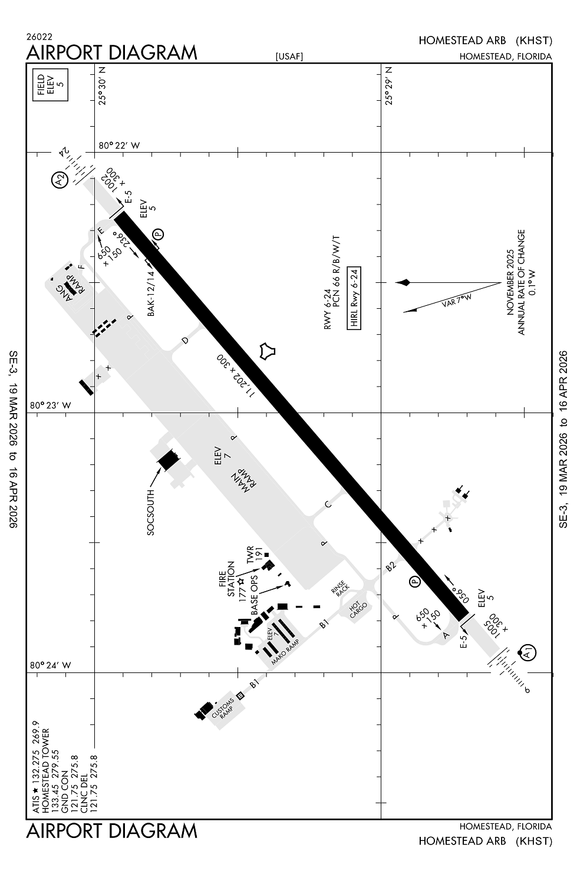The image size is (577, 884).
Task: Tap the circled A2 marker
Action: click(60, 179)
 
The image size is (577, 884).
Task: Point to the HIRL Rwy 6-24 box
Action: click(354, 296)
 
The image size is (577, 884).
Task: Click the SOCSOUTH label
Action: click(151, 512)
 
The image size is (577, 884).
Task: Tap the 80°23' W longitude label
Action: click(51, 405)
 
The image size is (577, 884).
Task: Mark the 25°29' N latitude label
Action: click(389, 86)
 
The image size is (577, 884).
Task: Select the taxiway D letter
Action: click(185, 340)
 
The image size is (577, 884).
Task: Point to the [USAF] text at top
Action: click(289, 57)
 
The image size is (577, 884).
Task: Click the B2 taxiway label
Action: click(390, 567)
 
